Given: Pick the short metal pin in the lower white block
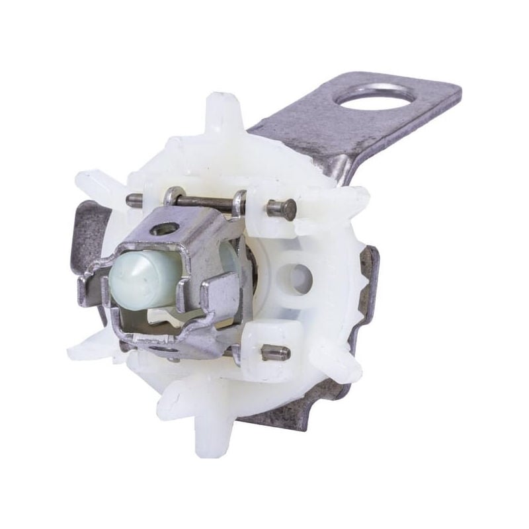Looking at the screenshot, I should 274,353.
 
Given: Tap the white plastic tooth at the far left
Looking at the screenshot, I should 93,182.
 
